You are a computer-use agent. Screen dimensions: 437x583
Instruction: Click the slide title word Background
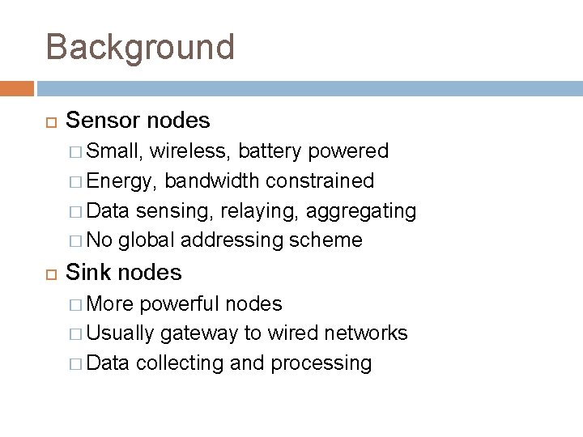click(140, 47)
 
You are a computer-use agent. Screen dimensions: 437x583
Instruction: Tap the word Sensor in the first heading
click(103, 121)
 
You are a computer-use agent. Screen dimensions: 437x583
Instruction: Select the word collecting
click(181, 363)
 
